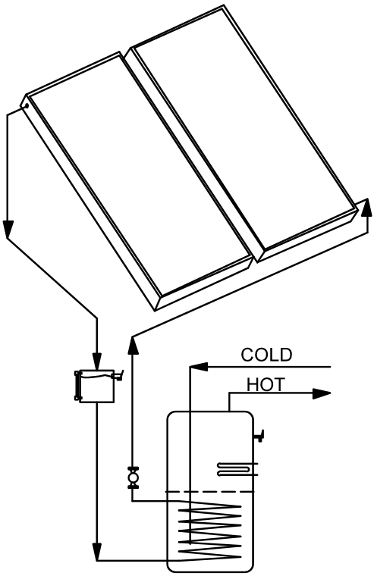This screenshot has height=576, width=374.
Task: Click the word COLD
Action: click(x=266, y=355)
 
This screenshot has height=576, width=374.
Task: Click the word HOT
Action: click(x=266, y=384)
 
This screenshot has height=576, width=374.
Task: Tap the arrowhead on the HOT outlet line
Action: click(x=322, y=393)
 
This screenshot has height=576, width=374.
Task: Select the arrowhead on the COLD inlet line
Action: click(x=199, y=366)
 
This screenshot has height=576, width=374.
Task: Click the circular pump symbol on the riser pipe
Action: click(x=133, y=478)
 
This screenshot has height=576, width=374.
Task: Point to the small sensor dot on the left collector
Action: click(x=27, y=106)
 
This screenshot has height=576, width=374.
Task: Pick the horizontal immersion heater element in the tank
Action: click(x=236, y=468)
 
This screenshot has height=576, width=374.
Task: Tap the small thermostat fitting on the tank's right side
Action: click(x=260, y=436)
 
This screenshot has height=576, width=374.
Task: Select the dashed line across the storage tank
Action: click(x=209, y=492)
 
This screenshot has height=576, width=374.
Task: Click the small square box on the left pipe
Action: click(x=96, y=386)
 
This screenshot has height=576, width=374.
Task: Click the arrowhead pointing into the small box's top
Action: click(x=96, y=361)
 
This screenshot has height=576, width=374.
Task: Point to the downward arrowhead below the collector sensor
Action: click(x=7, y=229)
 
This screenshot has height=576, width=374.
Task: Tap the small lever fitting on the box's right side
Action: click(x=118, y=375)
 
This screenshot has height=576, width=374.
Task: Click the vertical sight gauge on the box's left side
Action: click(x=77, y=386)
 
